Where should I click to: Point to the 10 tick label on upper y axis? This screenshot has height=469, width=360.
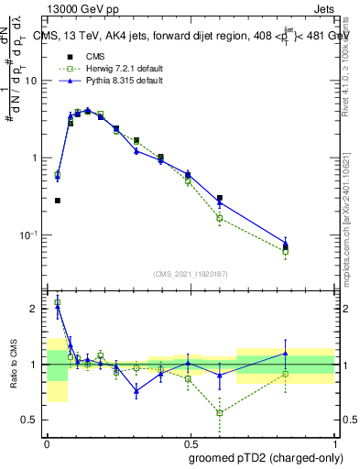pos(31,82)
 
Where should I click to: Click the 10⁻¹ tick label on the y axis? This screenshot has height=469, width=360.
pos(29,235)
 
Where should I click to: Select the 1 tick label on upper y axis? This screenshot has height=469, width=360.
pos(35,158)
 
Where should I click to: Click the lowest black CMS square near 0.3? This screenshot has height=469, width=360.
pos(57,201)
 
